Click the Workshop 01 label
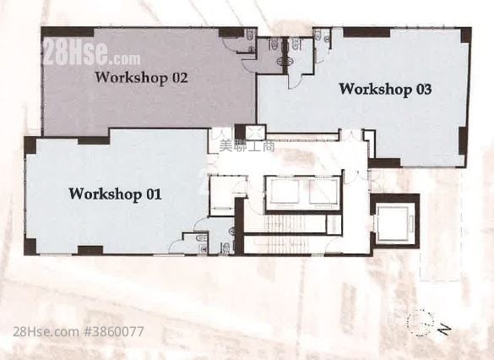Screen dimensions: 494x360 115,194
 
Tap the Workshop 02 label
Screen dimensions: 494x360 142,78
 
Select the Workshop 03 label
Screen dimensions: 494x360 385,90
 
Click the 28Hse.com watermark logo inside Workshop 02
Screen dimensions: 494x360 92,53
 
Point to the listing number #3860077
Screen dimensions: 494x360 114,331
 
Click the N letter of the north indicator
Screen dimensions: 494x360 444,330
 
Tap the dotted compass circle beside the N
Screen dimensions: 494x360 421,322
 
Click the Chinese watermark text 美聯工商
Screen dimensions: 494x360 247,145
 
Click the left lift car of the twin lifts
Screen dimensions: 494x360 285,192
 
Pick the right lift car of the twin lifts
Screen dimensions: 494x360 323,192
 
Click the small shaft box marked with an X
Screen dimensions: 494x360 254,133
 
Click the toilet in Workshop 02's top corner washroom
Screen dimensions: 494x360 251,35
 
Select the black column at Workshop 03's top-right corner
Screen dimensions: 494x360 466,35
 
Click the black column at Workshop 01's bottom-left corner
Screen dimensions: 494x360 30,247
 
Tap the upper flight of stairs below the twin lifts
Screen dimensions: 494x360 285,223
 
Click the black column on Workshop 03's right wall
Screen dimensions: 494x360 463,140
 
